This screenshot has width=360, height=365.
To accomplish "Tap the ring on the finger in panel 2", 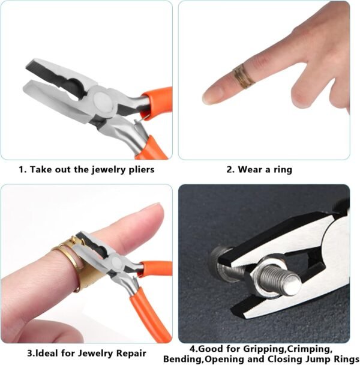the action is (244, 76).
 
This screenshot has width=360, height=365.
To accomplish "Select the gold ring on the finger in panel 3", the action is (70, 263).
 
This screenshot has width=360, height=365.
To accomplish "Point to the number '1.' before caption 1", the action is (23, 170).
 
